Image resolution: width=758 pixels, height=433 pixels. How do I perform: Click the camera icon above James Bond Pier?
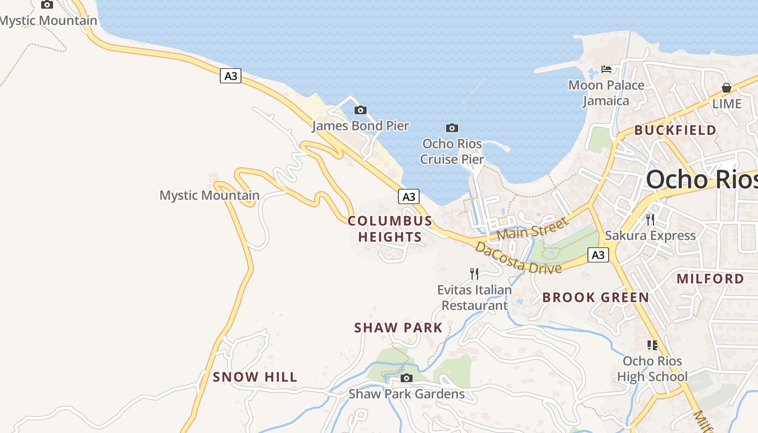tap(360, 110)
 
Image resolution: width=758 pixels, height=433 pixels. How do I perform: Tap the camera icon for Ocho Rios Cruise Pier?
tap(452, 128)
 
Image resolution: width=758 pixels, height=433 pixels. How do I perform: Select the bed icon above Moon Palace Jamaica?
tap(606, 69)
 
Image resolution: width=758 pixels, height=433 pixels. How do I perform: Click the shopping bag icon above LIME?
tap(727, 88)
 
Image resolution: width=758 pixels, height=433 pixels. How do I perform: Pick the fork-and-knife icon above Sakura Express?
tap(650, 219)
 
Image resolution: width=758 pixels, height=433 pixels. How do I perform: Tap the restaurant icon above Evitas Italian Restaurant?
tap(474, 273)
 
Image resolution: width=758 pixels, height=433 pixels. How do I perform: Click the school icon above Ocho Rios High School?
tap(652, 345)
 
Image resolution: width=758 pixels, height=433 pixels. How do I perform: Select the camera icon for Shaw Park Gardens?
tap(406, 378)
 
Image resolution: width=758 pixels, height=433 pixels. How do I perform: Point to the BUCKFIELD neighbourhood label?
tap(675, 130)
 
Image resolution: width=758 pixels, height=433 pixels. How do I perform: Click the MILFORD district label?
tap(710, 279)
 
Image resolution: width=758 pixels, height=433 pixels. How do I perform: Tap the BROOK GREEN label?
tap(596, 297)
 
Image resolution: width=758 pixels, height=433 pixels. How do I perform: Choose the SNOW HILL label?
tap(255, 377)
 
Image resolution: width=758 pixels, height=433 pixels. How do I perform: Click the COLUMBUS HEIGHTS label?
tap(390, 228)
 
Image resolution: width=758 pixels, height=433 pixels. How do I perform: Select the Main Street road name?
tap(533, 228)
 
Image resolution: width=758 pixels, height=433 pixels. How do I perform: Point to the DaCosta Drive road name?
tap(518, 258)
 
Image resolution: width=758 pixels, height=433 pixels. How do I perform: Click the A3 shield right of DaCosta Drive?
tap(598, 254)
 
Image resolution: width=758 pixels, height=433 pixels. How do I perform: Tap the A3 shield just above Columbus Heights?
tap(409, 196)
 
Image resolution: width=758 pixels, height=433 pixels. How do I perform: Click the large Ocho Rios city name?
tap(701, 179)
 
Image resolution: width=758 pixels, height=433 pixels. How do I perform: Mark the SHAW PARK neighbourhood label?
tap(398, 327)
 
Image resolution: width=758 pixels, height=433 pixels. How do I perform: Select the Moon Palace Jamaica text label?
tap(606, 93)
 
